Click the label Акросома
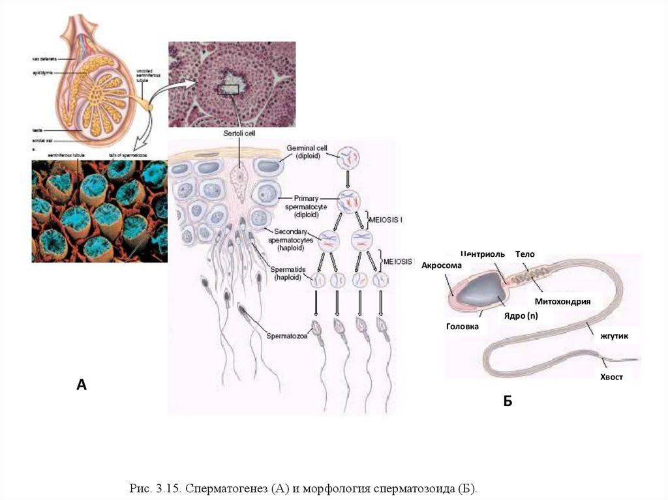(x=442, y=265)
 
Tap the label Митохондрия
(x=562, y=301)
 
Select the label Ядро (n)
(x=520, y=316)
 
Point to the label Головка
(x=463, y=327)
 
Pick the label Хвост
(x=611, y=377)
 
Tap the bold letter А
(x=82, y=385)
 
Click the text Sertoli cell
(x=239, y=132)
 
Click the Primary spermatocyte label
(x=306, y=201)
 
